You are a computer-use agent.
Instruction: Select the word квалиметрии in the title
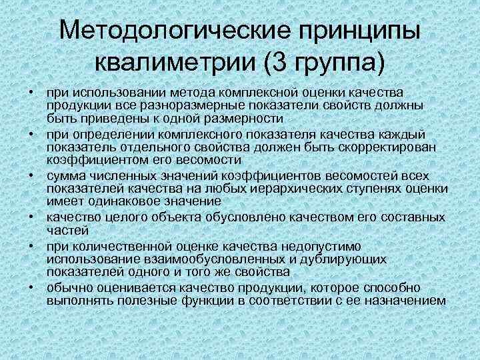click(177, 64)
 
